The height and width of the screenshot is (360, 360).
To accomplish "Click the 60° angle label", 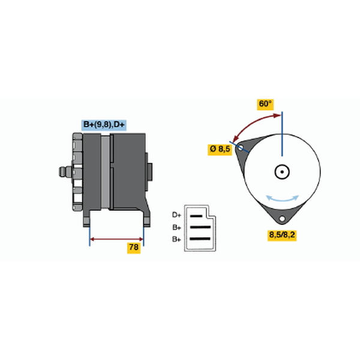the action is (x=265, y=104).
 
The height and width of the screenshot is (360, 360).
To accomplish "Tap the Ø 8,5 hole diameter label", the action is (x=220, y=149).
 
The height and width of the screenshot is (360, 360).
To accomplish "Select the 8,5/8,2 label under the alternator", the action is (x=282, y=235).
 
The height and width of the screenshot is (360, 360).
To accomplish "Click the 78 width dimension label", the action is (x=134, y=247).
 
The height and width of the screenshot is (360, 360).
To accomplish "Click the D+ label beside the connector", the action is (x=176, y=215).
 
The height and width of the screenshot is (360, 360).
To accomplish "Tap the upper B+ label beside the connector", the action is (x=176, y=227).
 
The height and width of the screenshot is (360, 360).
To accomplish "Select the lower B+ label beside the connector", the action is (x=176, y=239).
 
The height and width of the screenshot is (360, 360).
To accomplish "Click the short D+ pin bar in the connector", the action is (x=196, y=216).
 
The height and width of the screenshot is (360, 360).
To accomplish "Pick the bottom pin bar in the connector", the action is (x=200, y=239).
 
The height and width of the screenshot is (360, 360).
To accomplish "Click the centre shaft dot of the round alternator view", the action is (x=282, y=172).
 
